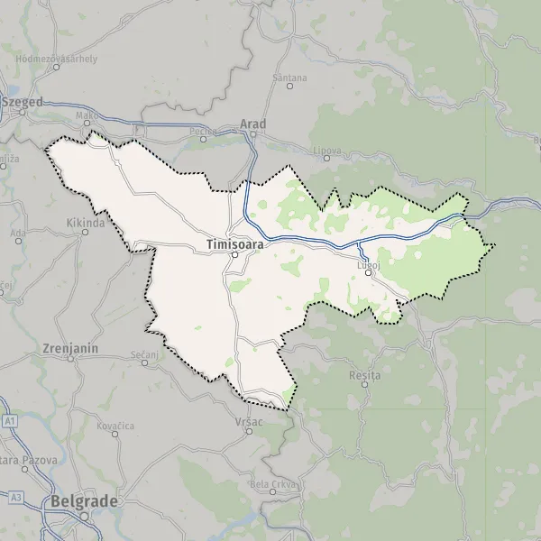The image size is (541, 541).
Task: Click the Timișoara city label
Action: pyautogui.click(x=232, y=243)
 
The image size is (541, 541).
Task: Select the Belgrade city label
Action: pyautogui.click(x=82, y=501)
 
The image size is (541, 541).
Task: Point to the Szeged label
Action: pyautogui.click(x=24, y=103)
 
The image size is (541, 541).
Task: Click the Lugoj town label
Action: pyautogui.click(x=369, y=263)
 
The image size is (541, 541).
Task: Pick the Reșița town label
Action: pyautogui.click(x=365, y=373)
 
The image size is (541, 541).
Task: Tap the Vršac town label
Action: pyautogui.click(x=248, y=422)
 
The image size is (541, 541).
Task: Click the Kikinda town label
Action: pyautogui.click(x=86, y=222)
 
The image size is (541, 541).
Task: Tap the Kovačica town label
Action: pyautogui.click(x=115, y=424)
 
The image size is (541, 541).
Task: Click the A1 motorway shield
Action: pyautogui.click(x=10, y=421)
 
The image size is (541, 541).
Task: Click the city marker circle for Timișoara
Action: pyautogui.click(x=233, y=255)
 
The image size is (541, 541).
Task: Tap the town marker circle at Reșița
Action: pyautogui.click(x=365, y=384)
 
